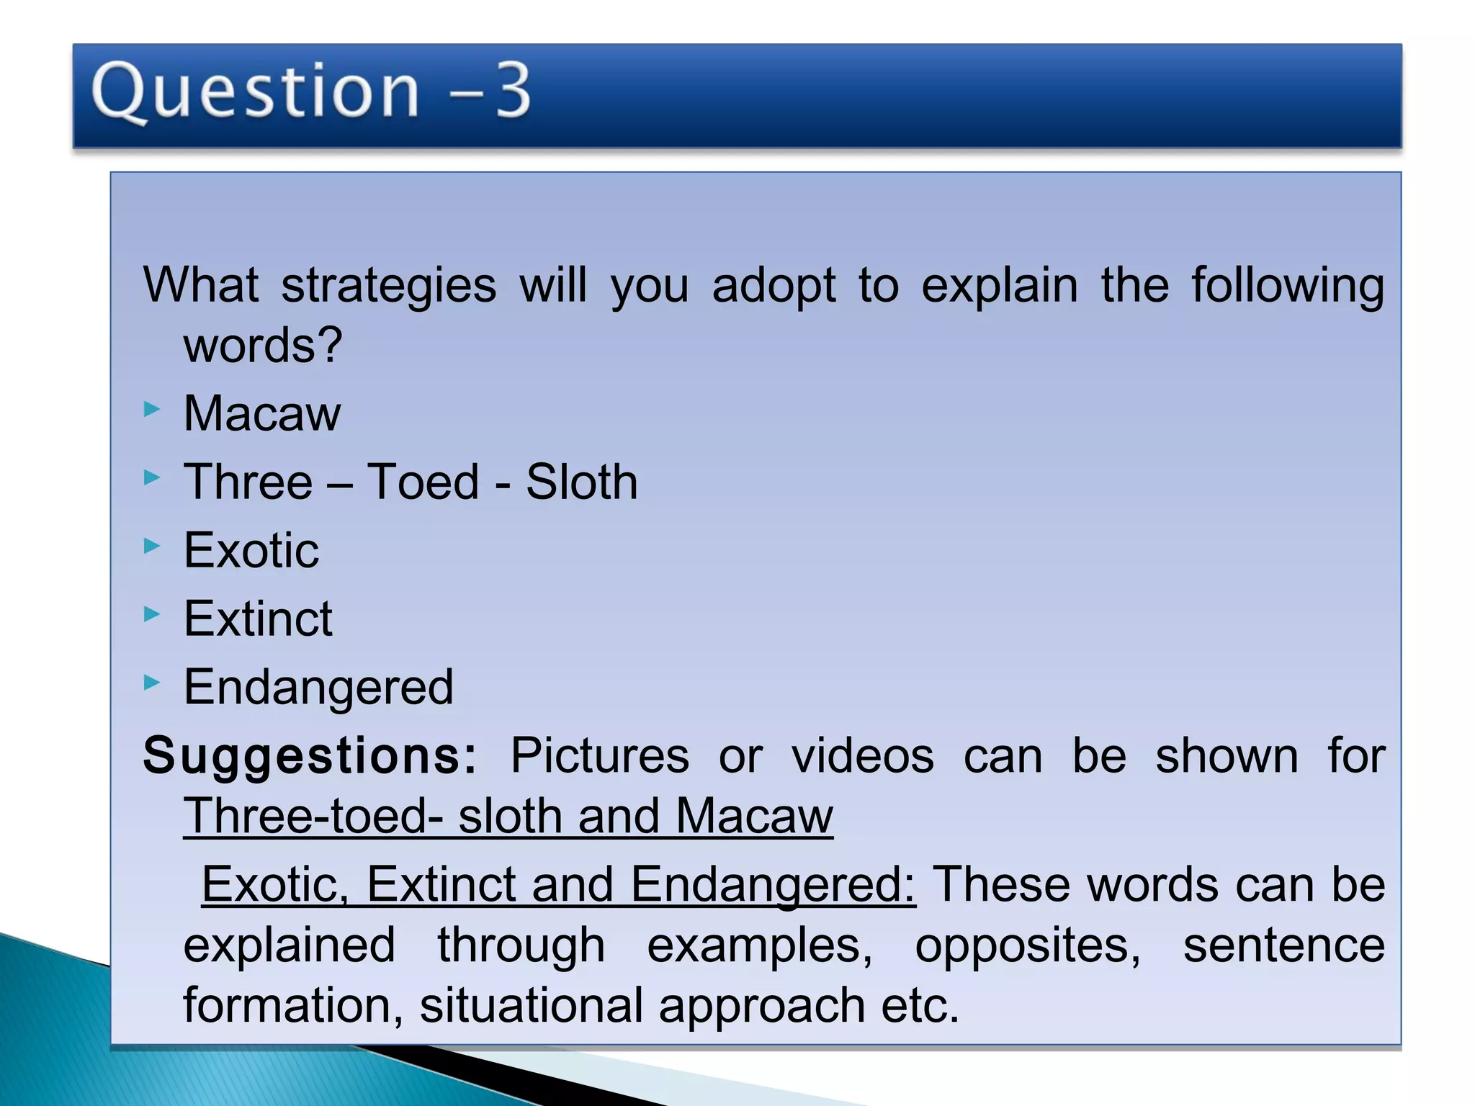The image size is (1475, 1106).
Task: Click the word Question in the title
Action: tap(256, 91)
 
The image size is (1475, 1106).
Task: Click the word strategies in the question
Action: tap(388, 286)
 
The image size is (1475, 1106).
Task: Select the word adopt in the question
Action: tap(774, 286)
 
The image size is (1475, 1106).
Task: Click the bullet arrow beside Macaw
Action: tap(151, 410)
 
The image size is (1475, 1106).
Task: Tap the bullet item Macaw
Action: tap(262, 414)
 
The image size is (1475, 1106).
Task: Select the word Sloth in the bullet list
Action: tap(581, 482)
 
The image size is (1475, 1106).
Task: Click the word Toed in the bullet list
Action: tap(423, 482)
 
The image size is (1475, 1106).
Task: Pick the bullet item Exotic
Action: tap(251, 550)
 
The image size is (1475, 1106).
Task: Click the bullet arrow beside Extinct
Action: tap(151, 614)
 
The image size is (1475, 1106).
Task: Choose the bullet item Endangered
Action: tap(318, 687)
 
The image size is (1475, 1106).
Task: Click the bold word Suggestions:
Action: tap(310, 756)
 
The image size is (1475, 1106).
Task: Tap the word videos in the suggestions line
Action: tap(862, 756)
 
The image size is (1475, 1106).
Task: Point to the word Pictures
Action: tap(599, 756)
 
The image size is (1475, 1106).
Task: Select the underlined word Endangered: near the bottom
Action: tap(773, 884)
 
